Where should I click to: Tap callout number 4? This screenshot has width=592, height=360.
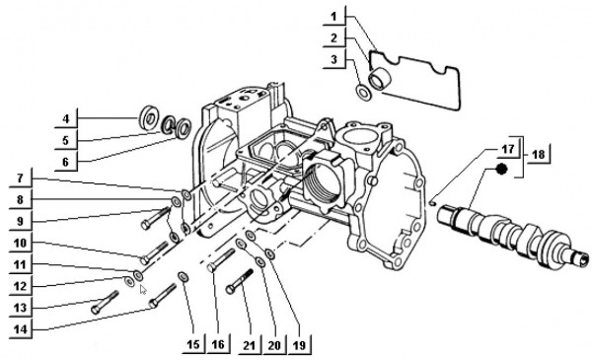pyautogui.click(x=65, y=119)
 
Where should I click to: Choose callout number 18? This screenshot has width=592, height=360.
pyautogui.click(x=538, y=155)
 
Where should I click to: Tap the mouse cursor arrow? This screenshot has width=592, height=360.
pyautogui.click(x=144, y=290)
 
